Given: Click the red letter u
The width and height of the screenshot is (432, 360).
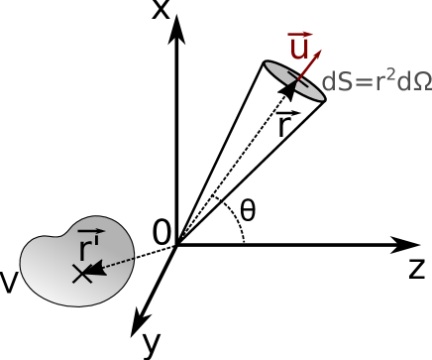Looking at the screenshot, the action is tap(298, 49).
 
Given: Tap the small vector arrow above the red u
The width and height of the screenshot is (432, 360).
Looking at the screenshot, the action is tap(299, 34).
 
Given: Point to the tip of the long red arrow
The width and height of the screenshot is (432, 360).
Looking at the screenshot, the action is tap(321, 51).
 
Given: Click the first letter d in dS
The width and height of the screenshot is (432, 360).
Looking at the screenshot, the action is tap(328, 82).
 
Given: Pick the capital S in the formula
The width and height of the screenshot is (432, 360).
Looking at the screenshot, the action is tap(344, 82).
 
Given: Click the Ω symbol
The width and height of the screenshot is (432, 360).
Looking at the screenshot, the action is tap(420, 82).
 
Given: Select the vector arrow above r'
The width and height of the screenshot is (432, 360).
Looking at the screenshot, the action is tap(91, 231).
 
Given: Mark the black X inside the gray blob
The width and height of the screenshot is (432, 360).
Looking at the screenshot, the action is tap(81, 274).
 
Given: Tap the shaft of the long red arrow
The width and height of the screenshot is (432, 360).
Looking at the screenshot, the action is tap(309, 66).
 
